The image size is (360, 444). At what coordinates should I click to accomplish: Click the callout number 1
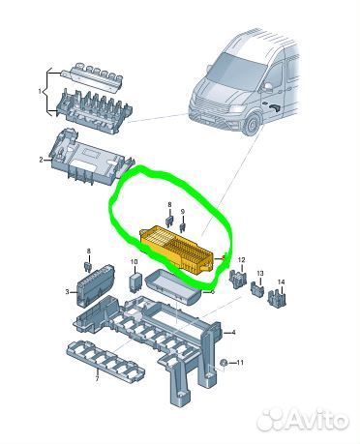coord(40,91)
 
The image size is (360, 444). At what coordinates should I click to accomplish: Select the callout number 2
coord(41,160)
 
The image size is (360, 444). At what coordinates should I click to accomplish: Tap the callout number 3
coord(67,292)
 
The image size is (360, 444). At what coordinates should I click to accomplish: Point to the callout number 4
coord(233,332)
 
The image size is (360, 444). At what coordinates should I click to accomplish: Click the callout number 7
coord(97,379)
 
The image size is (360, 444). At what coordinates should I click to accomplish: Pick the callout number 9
coord(183,212)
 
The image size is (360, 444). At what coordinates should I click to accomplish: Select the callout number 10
coord(135,262)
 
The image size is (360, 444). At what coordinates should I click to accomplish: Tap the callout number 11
coord(240,363)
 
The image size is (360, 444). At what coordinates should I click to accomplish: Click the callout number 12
coord(241,259)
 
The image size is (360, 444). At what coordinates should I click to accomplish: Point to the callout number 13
coord(260,273)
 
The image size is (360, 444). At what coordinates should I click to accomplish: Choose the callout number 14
coord(281,282)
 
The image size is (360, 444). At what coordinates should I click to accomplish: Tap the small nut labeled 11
coord(223,363)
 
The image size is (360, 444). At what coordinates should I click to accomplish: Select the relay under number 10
coord(135,283)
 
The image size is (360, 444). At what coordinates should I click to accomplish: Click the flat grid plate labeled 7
coord(105,361)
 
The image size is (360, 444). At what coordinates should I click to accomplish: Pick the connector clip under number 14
coord(277,298)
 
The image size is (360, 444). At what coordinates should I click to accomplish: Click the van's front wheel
coord(253,125)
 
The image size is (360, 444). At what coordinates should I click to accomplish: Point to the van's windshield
coord(236,73)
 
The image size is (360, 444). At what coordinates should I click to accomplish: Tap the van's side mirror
coord(267,87)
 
